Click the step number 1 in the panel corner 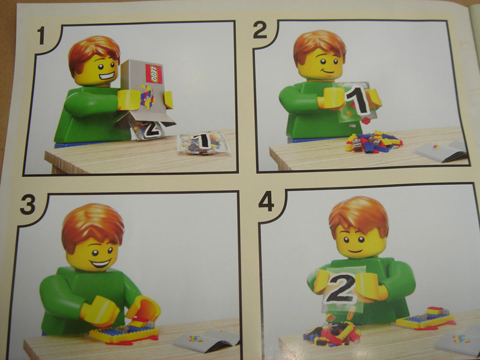[41, 37]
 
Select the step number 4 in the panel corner [267, 200]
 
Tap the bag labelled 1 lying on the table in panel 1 [202, 142]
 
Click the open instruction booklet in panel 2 [442, 151]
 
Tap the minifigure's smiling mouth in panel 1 [107, 77]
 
